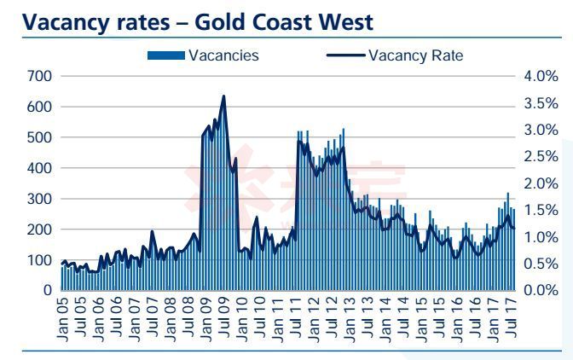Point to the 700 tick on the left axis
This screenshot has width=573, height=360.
click(39, 77)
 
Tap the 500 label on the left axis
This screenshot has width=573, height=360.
click(39, 137)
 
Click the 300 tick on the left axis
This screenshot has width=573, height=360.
click(39, 199)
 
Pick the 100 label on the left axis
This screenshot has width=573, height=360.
click(39, 260)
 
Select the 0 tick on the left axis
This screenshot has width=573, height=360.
click(48, 291)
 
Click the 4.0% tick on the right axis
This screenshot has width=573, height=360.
click(540, 77)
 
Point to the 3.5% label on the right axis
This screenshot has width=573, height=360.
click(540, 103)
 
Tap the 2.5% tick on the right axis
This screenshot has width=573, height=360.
click(540, 157)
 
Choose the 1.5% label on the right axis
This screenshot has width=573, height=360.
click(540, 211)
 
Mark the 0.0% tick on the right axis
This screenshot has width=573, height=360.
click(540, 291)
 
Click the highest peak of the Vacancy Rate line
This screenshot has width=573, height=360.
click(223, 96)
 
